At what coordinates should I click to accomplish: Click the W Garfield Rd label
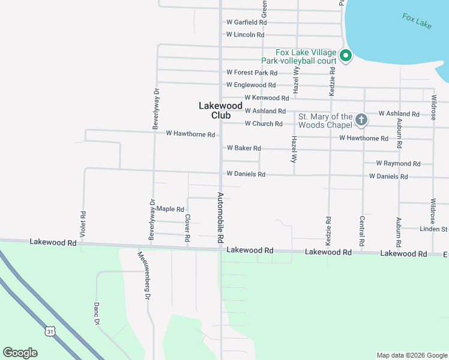[x=246, y=22]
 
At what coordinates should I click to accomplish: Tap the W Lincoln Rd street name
[x=245, y=35]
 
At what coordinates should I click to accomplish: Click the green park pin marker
[x=345, y=56]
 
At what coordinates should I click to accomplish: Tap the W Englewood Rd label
[x=251, y=85]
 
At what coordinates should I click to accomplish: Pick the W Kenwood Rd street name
[x=267, y=98]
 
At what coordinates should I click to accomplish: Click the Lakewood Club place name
[x=213, y=110]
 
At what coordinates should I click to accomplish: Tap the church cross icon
[x=361, y=120]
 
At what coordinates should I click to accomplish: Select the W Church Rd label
[x=263, y=124]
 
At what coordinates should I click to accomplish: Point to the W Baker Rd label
[x=244, y=148]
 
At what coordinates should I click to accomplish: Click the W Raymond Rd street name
[x=398, y=163]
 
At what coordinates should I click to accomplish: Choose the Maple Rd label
[x=170, y=209]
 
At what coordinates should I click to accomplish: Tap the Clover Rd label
[x=188, y=229]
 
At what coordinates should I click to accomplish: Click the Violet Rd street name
[x=83, y=222]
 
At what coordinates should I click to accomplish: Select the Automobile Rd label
[x=220, y=217]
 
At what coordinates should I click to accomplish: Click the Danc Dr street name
[x=96, y=313]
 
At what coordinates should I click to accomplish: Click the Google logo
[x=20, y=353]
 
